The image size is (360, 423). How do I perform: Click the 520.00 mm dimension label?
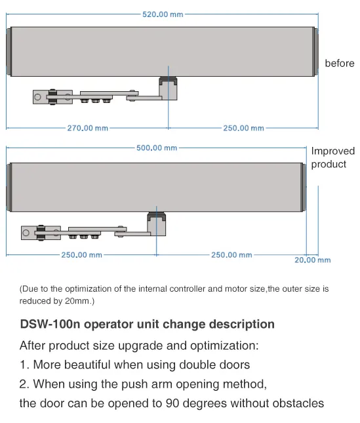point(163,14)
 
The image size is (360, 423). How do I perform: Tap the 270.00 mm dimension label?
point(88,128)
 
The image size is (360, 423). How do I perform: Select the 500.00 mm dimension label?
point(157,148)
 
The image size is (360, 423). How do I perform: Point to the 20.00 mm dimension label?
point(313,260)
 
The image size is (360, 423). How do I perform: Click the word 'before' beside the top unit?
point(340,64)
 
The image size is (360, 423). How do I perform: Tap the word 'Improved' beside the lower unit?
point(333,151)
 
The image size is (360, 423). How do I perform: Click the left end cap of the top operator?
point(9,52)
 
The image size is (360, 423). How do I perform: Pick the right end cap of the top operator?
point(316,52)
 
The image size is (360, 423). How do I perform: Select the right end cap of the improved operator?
point(304,187)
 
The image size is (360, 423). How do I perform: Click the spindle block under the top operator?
point(168,89)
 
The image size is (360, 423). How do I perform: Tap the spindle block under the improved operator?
point(157,224)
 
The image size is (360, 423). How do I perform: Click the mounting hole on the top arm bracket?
point(37,97)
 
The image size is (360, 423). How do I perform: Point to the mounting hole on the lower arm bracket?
point(26,233)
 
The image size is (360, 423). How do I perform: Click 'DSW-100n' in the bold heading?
point(50,324)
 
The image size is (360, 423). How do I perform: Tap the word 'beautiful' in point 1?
point(87,365)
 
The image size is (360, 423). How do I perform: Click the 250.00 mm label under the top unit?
point(243,128)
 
